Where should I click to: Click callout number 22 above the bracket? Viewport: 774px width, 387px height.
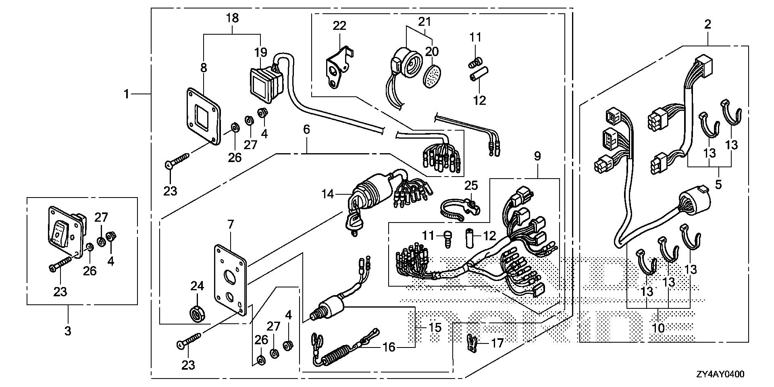339,26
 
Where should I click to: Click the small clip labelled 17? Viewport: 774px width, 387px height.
472,343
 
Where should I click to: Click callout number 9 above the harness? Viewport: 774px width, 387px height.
538,156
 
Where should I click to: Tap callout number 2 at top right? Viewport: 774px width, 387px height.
707,24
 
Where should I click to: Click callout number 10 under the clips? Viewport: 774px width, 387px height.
658,328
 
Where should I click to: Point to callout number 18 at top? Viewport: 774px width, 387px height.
233,18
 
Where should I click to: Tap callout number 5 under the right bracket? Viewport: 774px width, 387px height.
718,184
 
